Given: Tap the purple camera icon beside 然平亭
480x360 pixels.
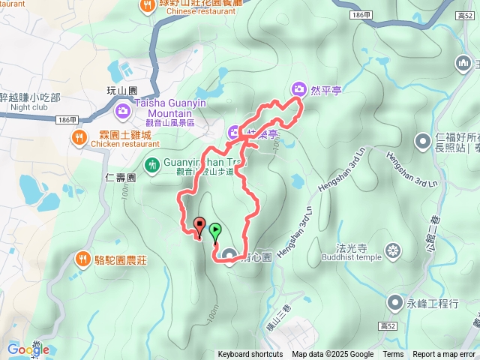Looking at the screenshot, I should click(x=299, y=90).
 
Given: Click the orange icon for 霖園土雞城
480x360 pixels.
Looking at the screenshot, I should click(x=79, y=136).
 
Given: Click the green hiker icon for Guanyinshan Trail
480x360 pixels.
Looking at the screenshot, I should click(x=151, y=163).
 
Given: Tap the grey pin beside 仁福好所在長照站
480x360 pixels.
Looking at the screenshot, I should click(x=422, y=141).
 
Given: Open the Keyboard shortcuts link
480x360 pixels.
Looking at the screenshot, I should click(x=250, y=355).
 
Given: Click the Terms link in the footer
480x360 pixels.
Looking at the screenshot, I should click(x=393, y=355).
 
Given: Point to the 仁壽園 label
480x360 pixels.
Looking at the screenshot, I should click(x=120, y=178).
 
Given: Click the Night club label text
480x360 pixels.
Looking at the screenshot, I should click(x=29, y=106).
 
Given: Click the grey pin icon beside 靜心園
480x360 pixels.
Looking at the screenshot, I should click(x=228, y=257).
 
